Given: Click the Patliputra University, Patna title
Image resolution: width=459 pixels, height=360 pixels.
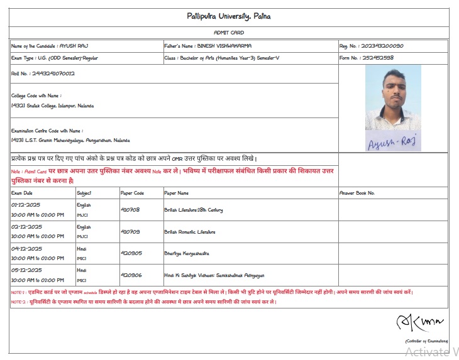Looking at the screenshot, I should (x=229, y=16).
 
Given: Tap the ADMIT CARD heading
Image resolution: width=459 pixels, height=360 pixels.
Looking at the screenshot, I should (x=229, y=33).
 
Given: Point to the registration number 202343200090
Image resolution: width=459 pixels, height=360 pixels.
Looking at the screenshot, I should (x=381, y=46).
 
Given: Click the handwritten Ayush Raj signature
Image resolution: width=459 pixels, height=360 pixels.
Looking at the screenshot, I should (x=392, y=141).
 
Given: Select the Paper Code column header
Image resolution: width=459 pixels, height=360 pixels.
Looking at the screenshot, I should (x=132, y=193).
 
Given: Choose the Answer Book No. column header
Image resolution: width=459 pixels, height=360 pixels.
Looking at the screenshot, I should (x=357, y=193).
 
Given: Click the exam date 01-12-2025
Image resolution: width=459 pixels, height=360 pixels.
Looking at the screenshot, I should (x=26, y=205).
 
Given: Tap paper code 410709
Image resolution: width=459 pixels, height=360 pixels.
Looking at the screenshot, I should (x=130, y=232).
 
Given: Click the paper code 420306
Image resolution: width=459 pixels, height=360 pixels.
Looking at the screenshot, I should (x=131, y=275).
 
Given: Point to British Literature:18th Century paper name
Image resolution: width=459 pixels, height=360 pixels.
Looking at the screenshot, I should (x=193, y=210).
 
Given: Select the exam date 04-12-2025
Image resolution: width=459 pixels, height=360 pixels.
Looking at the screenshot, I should (x=26, y=249).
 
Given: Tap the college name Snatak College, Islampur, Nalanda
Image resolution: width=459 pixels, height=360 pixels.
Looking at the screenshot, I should (x=53, y=106).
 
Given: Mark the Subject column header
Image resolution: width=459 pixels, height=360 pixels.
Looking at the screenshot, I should (x=84, y=193).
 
